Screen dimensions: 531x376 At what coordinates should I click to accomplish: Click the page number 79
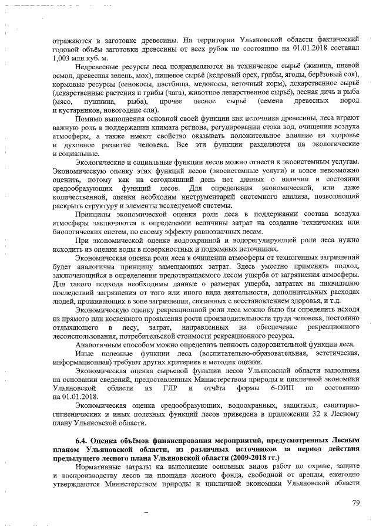click(x=355, y=502)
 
